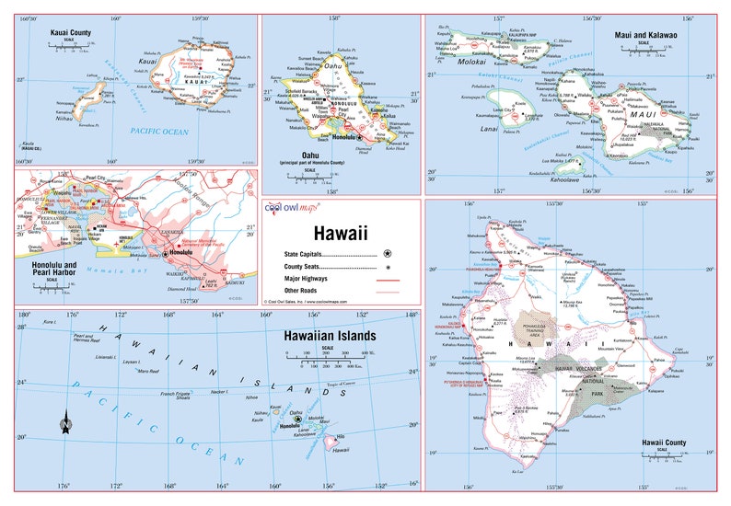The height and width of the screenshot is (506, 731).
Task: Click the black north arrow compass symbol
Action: tap(65, 424)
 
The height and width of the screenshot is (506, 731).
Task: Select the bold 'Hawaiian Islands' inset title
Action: tap(328, 337)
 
